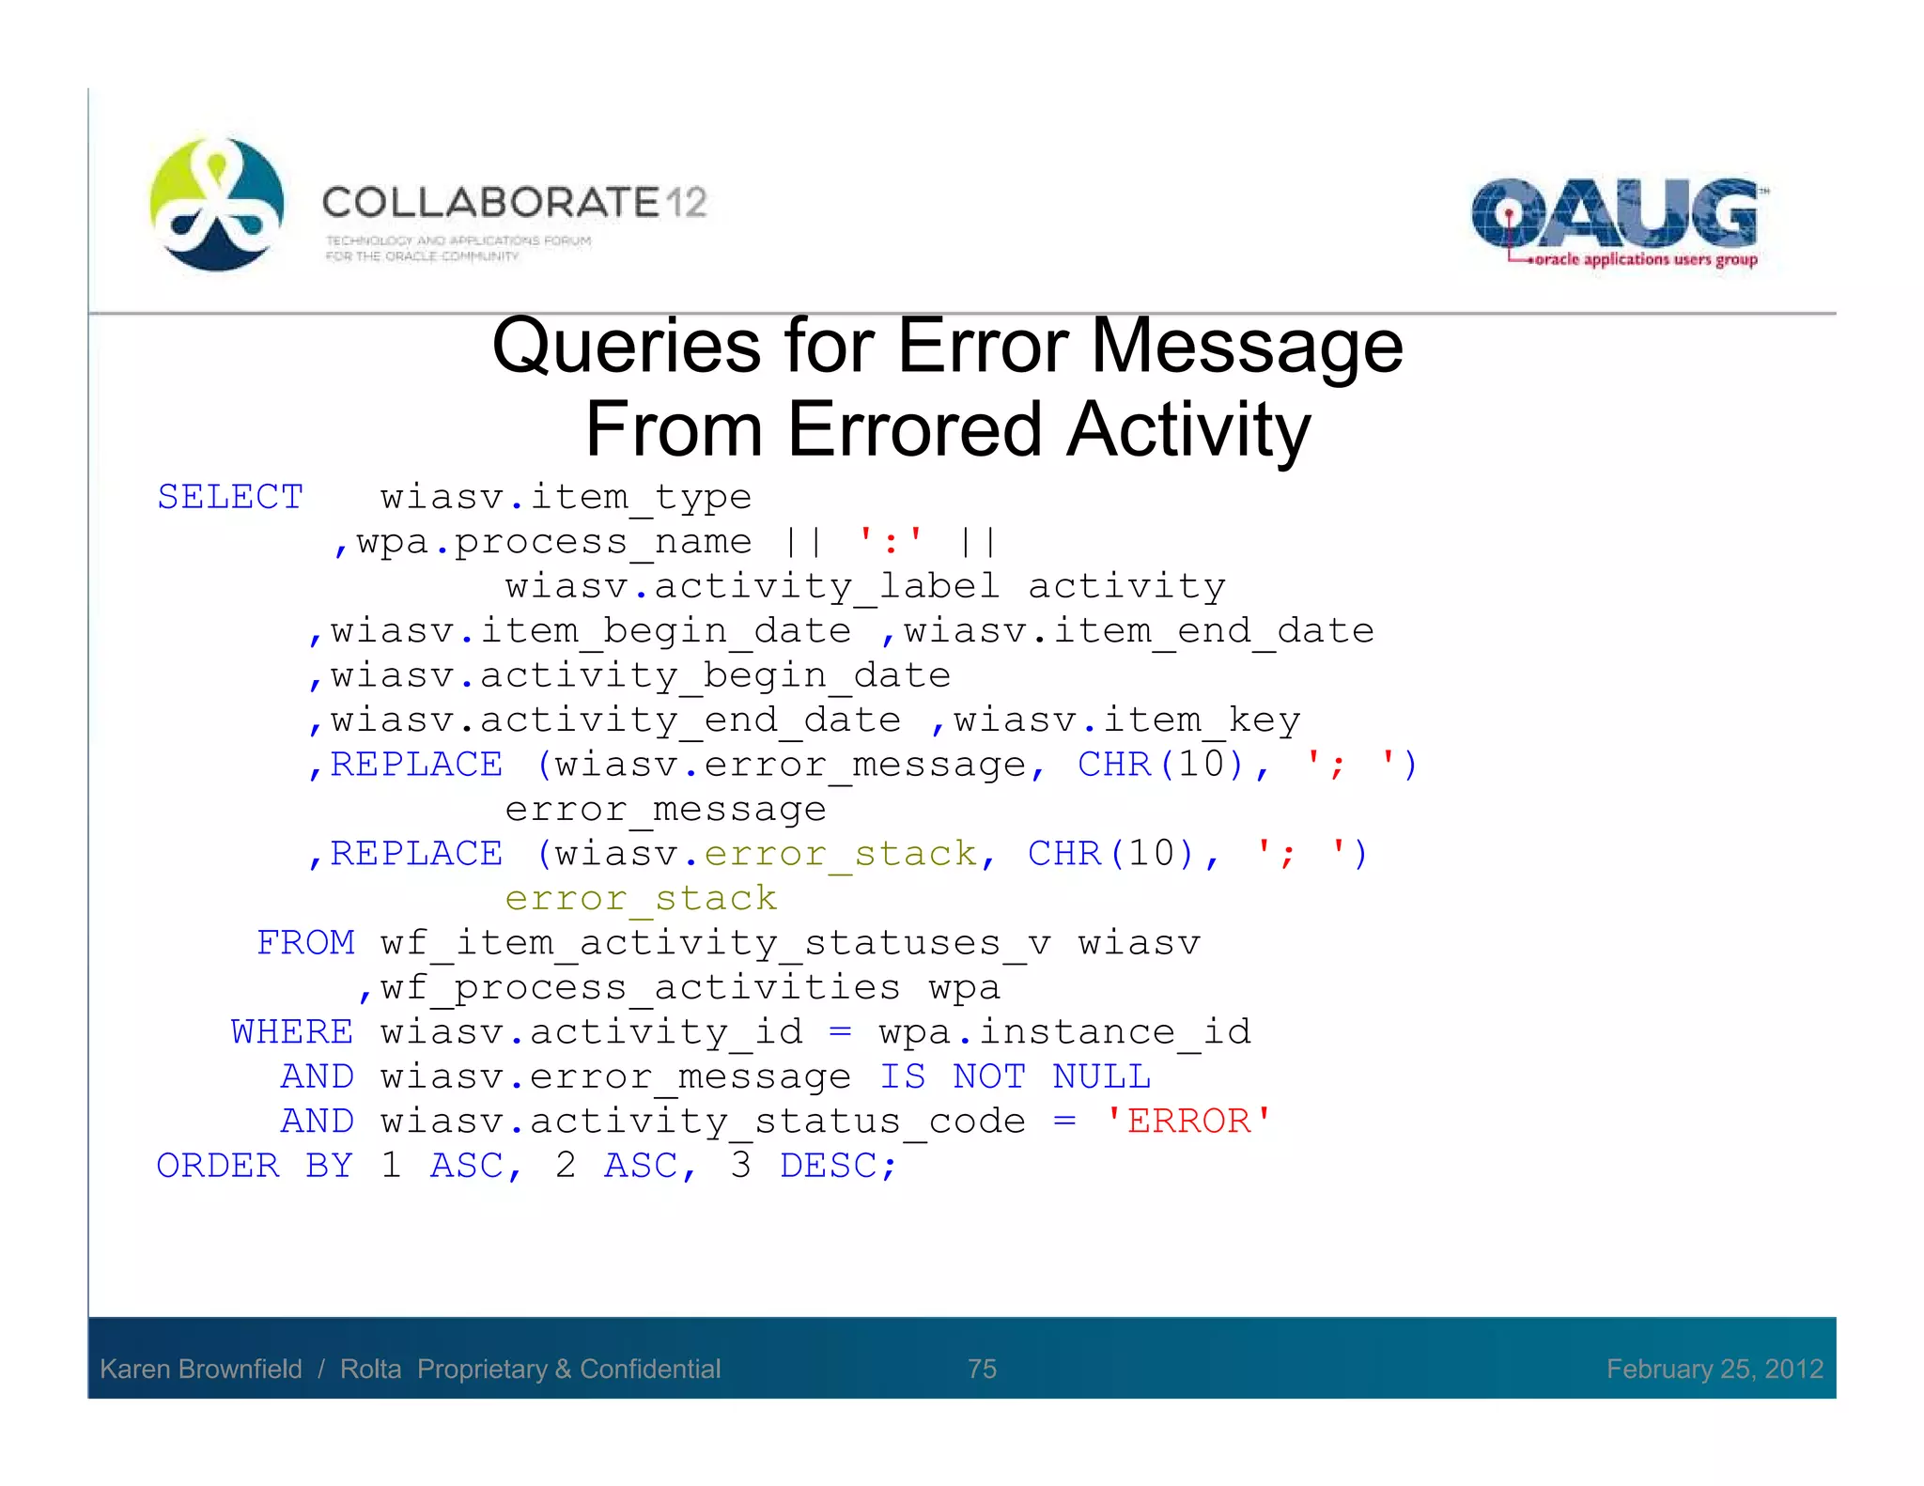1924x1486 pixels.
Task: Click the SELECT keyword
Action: pos(230,497)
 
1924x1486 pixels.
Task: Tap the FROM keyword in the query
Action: pos(305,942)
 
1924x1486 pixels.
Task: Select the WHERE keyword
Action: pos(292,1031)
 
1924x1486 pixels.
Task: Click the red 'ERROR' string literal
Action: pos(1188,1121)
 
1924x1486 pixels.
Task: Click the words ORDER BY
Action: pos(255,1166)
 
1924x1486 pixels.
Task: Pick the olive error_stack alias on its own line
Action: pos(641,898)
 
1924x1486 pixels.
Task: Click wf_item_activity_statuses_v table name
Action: pos(716,942)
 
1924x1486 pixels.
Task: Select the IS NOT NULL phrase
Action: pos(1015,1076)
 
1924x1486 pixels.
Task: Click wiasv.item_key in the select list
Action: pos(1127,720)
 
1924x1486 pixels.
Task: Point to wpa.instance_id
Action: pos(1065,1031)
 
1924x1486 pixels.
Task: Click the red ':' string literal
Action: pos(891,541)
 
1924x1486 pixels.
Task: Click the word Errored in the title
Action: pos(914,429)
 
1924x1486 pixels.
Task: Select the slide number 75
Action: pos(982,1369)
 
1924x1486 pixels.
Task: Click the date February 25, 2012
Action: pos(1715,1369)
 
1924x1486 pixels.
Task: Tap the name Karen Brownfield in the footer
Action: pos(201,1369)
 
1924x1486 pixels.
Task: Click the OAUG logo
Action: pos(1616,222)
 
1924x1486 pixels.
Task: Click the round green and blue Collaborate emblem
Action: pos(217,205)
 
